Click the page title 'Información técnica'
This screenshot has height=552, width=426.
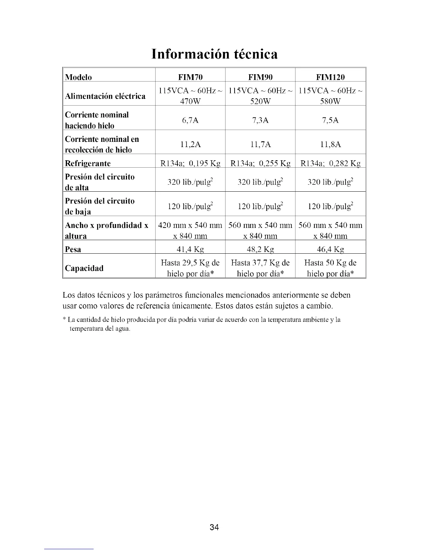coord(215,54)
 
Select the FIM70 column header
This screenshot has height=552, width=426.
coord(190,77)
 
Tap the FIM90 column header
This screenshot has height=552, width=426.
coord(260,77)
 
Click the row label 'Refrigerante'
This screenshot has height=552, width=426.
coord(88,163)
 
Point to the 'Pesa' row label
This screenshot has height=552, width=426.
coord(73,250)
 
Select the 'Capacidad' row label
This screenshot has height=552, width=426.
coord(84,268)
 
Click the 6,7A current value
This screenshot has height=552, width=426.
coord(190,120)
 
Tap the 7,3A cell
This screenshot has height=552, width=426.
coord(260,120)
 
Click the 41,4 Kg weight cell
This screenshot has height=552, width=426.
coord(190,250)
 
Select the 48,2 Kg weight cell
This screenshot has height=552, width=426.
coord(260,250)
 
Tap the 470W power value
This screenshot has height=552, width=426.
coord(190,101)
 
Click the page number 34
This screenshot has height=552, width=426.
coord(214,527)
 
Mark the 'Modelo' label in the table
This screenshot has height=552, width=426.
coord(78,77)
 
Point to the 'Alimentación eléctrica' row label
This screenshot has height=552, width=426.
coord(105,96)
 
